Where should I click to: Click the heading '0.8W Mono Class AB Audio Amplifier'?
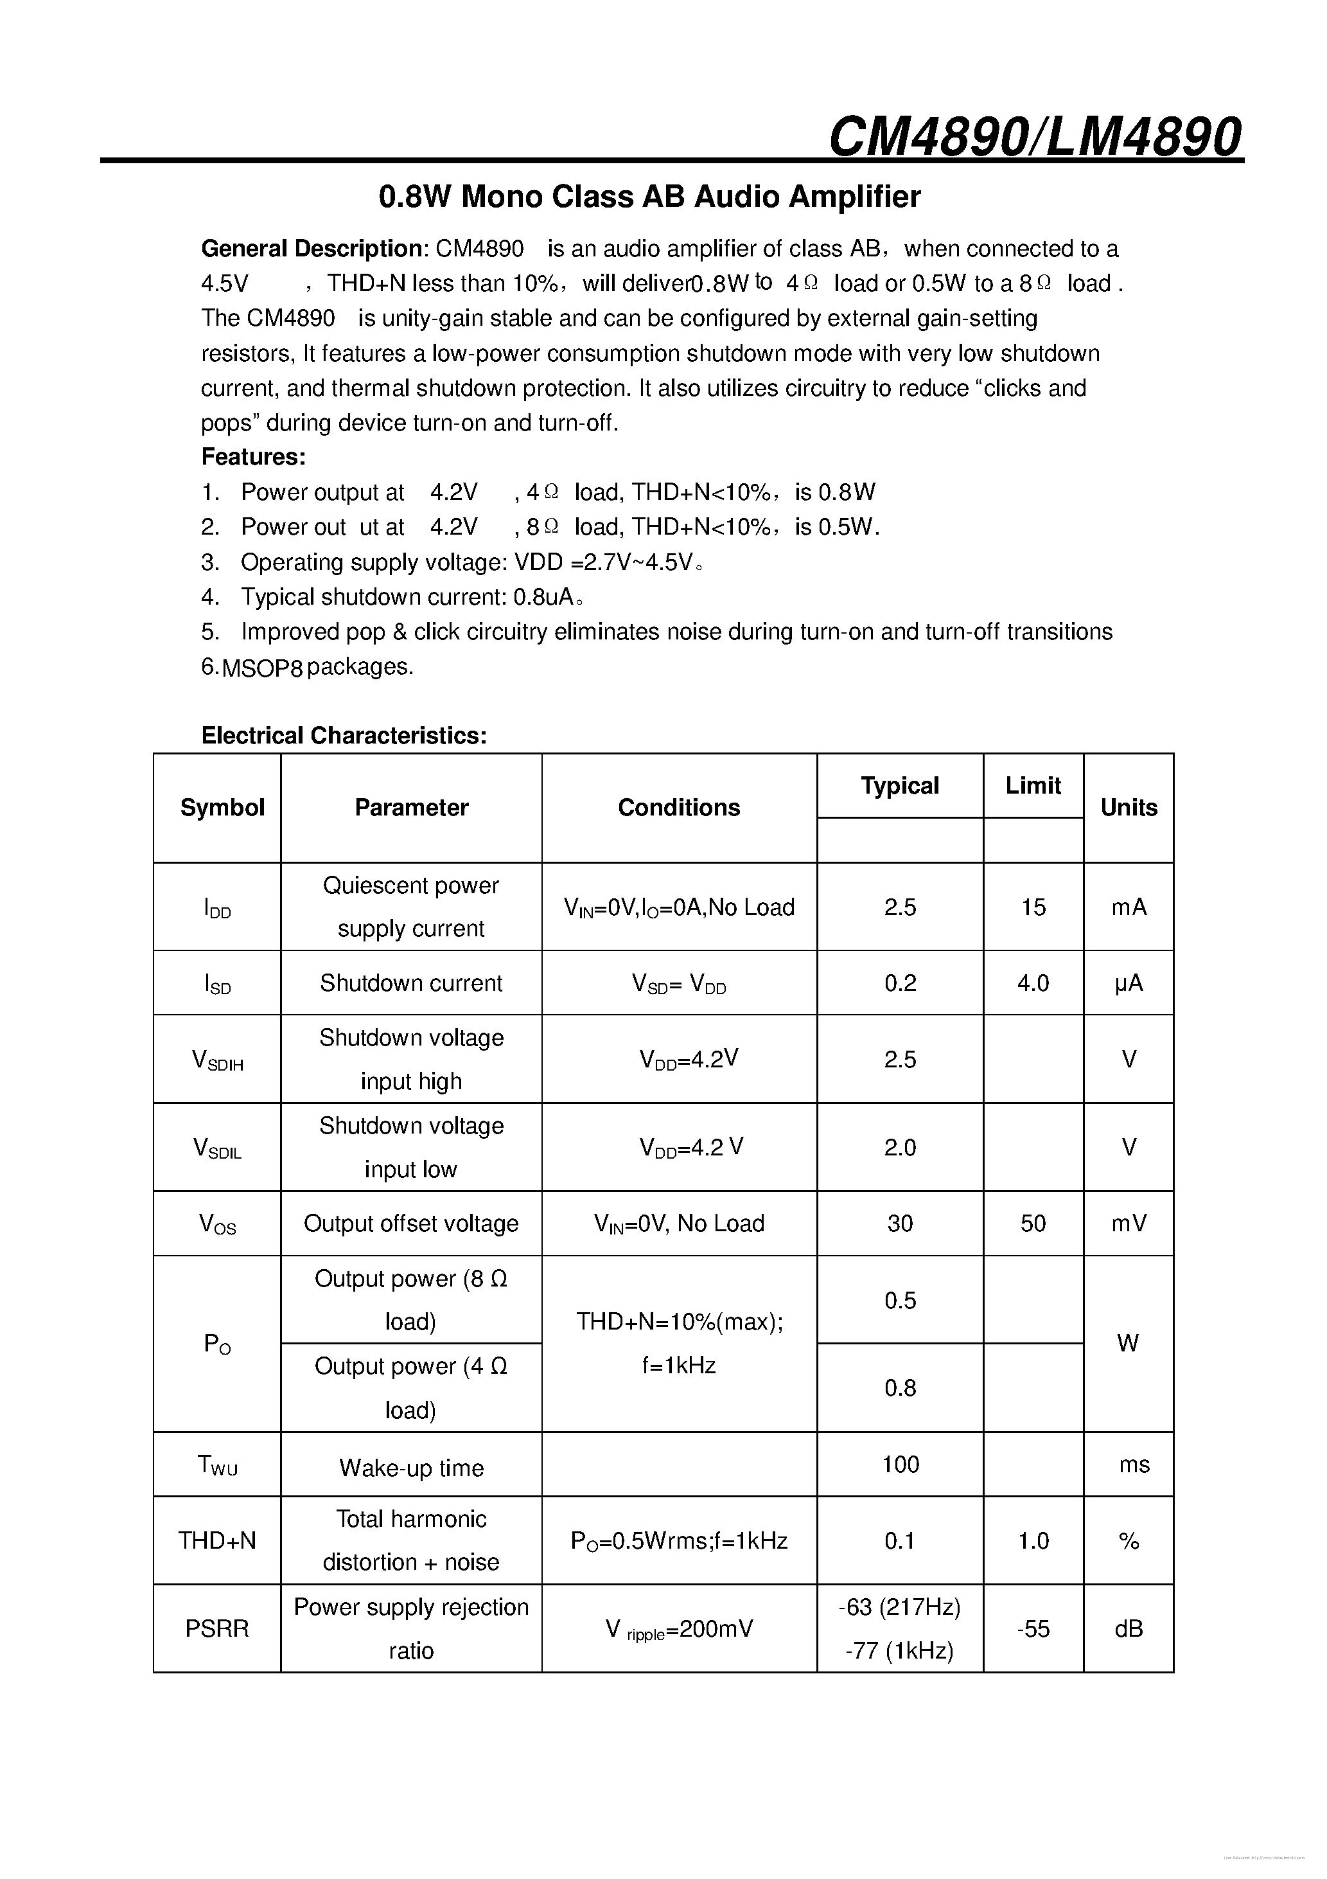[649, 197]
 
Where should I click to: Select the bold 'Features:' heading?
[254, 457]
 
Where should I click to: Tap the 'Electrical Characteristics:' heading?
[344, 736]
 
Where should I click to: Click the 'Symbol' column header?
[222, 808]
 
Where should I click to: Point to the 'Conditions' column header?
[678, 808]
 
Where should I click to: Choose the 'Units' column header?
[1128, 808]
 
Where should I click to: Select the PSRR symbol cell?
[217, 1628]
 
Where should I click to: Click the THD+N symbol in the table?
[217, 1541]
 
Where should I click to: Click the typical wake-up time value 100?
[900, 1464]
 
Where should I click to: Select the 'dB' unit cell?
[1128, 1628]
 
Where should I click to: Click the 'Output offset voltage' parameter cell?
[410, 1224]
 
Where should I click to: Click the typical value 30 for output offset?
[900, 1224]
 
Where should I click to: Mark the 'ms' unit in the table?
[1134, 1464]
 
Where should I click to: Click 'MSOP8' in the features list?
[262, 668]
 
